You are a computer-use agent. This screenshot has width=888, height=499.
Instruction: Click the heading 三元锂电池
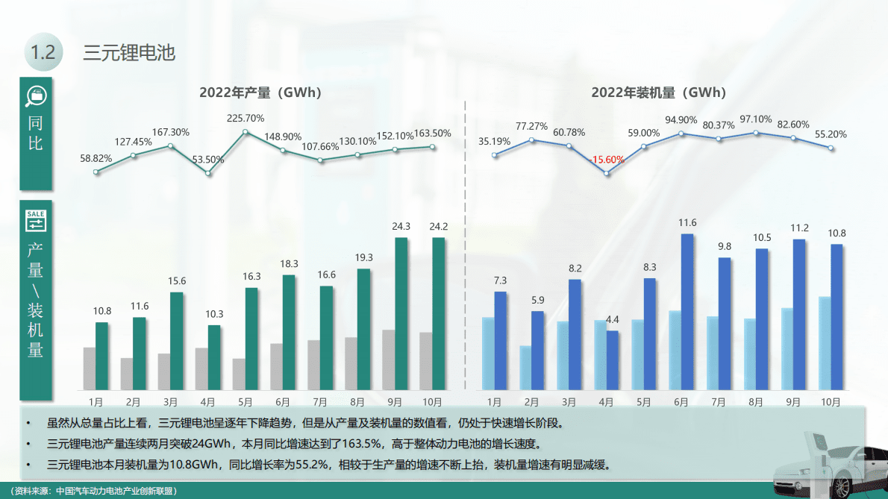point(129,53)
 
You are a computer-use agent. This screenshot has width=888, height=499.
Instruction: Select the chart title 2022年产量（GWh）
point(260,92)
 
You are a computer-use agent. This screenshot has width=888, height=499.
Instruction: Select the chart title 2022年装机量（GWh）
point(658,92)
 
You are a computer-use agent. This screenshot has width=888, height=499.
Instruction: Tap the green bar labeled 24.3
point(401,313)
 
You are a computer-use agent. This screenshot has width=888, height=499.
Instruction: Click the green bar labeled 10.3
point(214,357)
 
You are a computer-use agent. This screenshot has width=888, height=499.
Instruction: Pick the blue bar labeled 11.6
point(687,312)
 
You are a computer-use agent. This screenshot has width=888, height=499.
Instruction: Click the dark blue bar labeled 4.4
point(613,360)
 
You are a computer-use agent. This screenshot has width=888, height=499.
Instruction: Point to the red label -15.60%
point(607,160)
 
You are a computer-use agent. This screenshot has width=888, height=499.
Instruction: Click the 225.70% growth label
point(246,118)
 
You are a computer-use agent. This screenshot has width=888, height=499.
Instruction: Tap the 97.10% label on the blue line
point(756,119)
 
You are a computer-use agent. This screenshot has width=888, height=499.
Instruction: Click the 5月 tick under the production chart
point(246,402)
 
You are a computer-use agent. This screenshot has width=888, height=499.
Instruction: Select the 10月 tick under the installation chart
point(831,402)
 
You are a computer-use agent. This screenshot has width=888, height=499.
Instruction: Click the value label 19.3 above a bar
point(363,257)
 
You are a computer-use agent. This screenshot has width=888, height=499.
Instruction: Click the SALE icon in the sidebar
point(36,219)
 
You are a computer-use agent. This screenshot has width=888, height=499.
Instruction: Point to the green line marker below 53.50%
point(208,173)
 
